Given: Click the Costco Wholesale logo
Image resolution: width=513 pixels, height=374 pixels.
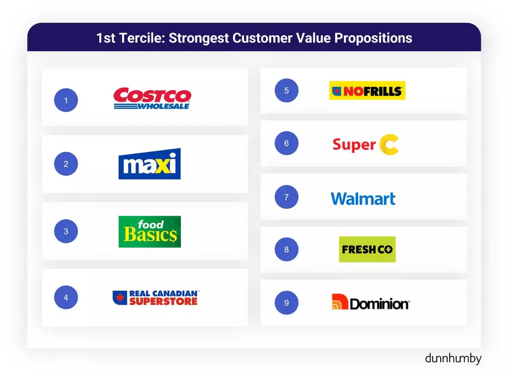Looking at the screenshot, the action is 152,98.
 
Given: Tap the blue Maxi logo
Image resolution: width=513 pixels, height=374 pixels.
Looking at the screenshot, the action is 150,164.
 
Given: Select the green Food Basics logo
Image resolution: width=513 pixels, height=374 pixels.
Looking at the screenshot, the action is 150,231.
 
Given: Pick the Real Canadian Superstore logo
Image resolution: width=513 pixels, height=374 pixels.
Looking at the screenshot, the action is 156,298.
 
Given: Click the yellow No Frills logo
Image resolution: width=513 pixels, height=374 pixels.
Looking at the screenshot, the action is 367,91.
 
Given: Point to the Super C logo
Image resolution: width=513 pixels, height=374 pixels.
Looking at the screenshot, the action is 366,145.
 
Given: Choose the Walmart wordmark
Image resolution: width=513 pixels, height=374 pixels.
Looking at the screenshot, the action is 363,199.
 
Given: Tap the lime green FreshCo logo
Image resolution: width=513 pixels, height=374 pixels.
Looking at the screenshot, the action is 367,249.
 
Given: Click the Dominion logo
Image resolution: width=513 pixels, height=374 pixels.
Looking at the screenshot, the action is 371,302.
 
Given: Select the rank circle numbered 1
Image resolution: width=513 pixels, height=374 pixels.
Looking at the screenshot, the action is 66,100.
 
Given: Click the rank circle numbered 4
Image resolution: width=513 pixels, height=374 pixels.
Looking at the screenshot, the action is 66,298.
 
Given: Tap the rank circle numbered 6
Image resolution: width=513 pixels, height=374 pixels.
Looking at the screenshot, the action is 286,143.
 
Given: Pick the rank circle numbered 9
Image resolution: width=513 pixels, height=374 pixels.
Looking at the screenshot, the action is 286,303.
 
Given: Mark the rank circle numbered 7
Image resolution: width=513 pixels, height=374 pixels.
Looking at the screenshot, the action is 286,197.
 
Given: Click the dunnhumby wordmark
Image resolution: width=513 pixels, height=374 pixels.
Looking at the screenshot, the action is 453,359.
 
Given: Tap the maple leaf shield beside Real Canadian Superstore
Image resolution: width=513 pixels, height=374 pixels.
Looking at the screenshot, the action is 120,298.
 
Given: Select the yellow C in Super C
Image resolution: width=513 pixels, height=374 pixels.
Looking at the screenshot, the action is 389,145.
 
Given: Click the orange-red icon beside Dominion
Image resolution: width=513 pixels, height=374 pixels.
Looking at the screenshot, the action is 340,302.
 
